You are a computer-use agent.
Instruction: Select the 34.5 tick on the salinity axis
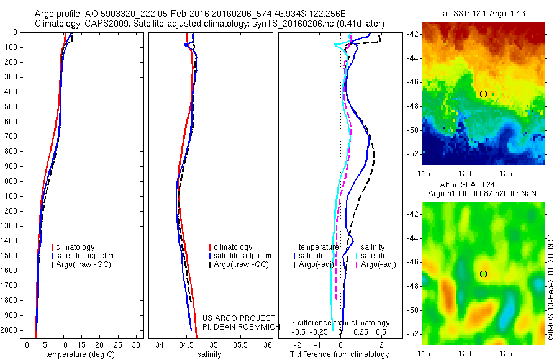coord(186,344)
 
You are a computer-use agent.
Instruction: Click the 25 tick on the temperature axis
coord(117,344)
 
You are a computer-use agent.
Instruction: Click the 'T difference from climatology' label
coord(340,354)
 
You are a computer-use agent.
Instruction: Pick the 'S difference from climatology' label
coord(340,323)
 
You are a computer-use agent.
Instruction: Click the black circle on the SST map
coord(483,94)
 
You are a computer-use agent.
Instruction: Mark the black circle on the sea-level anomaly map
coord(483,274)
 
